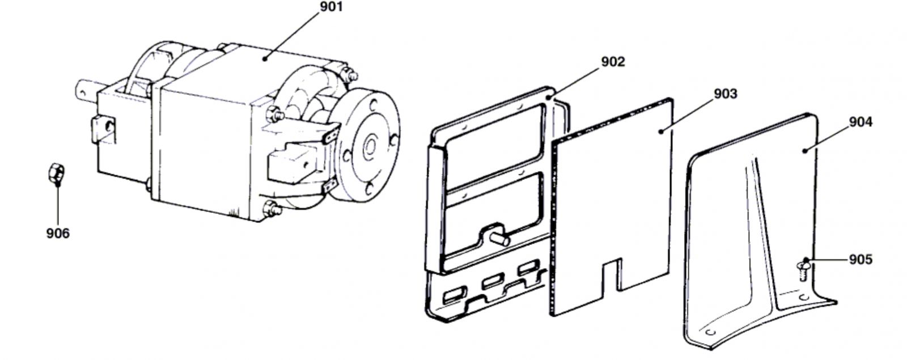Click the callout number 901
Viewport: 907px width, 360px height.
point(331,7)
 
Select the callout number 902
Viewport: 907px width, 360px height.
point(613,62)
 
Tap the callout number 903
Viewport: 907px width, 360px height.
point(726,94)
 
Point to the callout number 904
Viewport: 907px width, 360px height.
point(861,122)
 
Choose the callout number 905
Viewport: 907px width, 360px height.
point(861,259)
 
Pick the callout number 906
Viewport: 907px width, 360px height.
point(58,233)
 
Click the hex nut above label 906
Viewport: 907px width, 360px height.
point(56,173)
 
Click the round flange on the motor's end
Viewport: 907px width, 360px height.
point(368,146)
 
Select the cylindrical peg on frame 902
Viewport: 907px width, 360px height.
point(499,239)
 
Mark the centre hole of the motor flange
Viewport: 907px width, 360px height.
point(370,146)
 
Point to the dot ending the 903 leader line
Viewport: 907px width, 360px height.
point(661,131)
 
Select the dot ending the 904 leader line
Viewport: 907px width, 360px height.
point(805,151)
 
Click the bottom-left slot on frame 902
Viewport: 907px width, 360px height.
point(455,295)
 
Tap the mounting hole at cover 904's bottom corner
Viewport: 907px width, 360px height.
point(711,332)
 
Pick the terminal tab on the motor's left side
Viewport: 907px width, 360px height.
point(103,129)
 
